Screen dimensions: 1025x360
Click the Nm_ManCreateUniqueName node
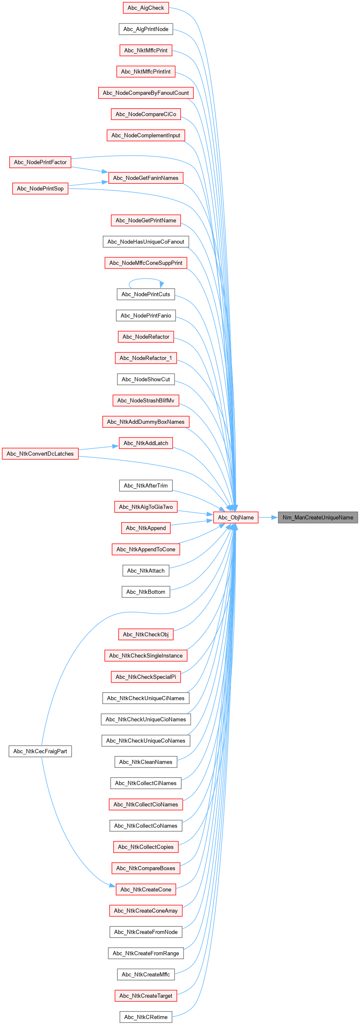(318, 517)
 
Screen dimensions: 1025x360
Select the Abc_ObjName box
(236, 517)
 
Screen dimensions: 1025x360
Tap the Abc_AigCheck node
(146, 8)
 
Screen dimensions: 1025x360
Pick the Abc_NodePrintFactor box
(40, 162)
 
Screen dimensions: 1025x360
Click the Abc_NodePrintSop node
(40, 189)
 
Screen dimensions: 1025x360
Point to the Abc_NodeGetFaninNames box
(146, 178)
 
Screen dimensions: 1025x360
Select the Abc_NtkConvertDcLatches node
(40, 454)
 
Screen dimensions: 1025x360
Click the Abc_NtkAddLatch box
(146, 443)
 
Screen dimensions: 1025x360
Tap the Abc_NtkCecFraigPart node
(40, 751)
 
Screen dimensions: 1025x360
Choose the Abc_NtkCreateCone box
(146, 889)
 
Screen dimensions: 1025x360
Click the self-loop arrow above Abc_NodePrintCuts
(146, 279)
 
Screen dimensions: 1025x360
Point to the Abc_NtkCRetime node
(146, 1017)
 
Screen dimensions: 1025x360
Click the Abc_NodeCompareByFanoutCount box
(146, 93)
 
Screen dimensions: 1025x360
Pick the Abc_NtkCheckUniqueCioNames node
(146, 720)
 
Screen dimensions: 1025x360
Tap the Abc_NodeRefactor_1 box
(146, 358)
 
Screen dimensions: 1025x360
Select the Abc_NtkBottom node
(146, 592)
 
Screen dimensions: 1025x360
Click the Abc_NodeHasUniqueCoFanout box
(146, 242)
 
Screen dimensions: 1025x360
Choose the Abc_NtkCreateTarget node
(146, 996)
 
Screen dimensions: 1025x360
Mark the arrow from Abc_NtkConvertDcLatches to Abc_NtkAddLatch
(99, 448)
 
